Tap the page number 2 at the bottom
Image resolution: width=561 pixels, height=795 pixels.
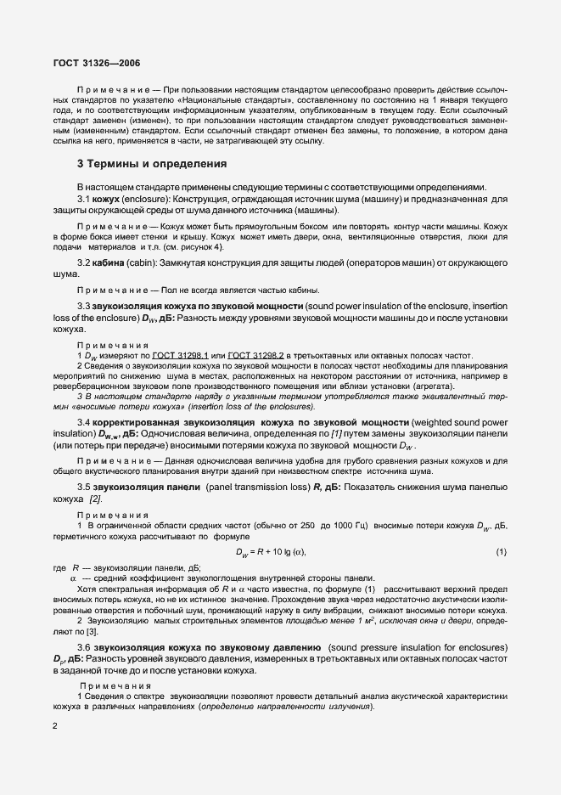[54, 726]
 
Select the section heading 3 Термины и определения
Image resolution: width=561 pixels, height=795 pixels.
[151, 164]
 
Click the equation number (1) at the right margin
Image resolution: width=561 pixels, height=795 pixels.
[500, 553]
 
